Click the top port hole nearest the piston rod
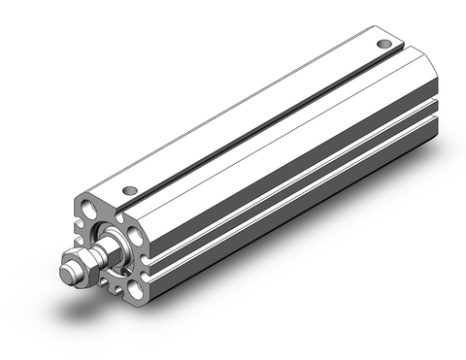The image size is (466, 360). click(x=130, y=189)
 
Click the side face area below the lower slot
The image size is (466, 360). click(x=291, y=219)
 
